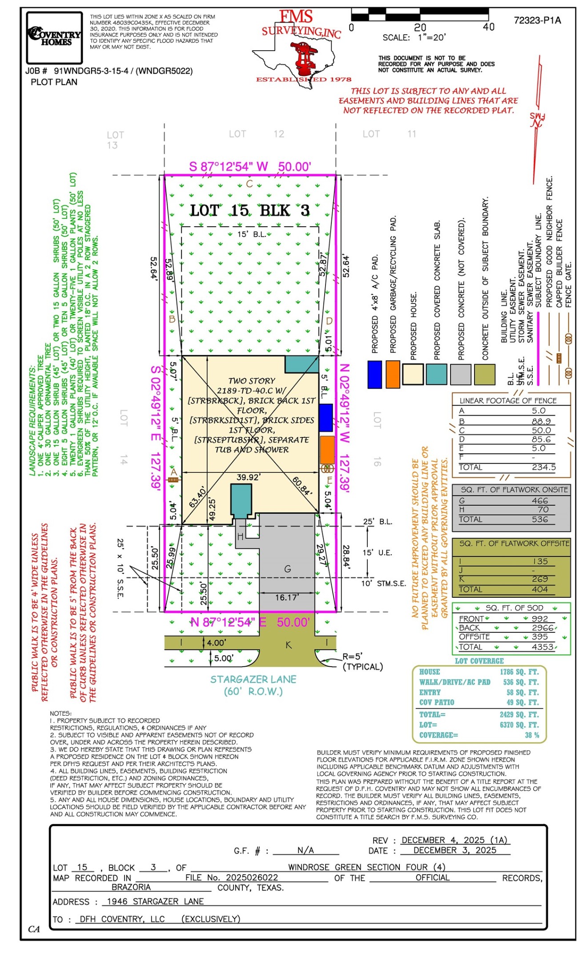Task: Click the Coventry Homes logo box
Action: (x=55, y=38)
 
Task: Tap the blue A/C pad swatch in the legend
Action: (x=374, y=375)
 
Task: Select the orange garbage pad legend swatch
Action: (x=393, y=375)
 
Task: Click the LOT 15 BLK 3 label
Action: (x=249, y=210)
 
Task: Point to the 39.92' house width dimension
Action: (x=249, y=477)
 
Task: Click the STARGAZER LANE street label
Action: (x=253, y=679)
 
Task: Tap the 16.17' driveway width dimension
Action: (x=287, y=597)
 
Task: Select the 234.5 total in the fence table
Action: (x=543, y=467)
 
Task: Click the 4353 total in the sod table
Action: (x=543, y=647)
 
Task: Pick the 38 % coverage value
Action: (x=531, y=735)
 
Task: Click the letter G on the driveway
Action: (x=287, y=569)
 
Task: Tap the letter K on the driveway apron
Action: (x=289, y=645)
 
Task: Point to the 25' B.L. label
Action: (x=378, y=522)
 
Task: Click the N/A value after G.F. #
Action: (x=306, y=850)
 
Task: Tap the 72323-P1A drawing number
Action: (x=537, y=20)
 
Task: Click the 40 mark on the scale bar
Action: (x=488, y=27)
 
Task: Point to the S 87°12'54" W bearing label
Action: (x=229, y=167)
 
